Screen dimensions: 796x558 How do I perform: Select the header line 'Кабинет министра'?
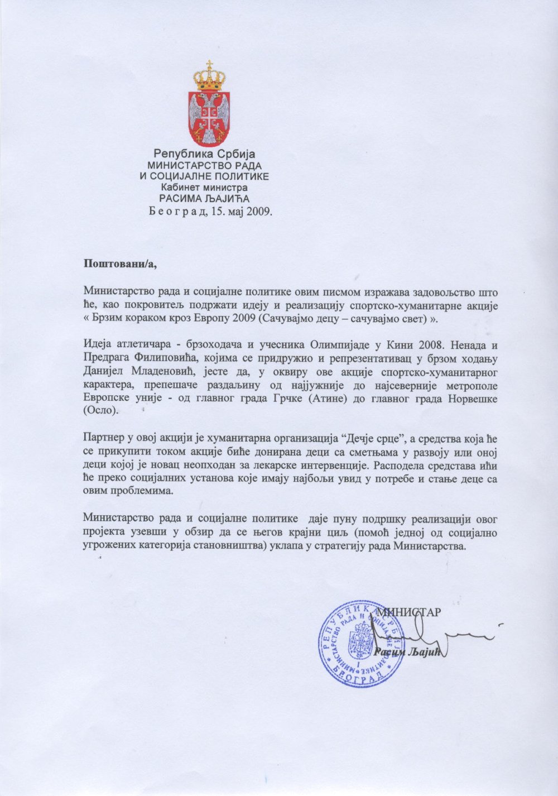pos(204,187)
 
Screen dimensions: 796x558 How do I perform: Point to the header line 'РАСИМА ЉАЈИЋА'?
pos(204,198)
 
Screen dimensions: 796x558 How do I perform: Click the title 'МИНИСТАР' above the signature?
pos(410,611)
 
